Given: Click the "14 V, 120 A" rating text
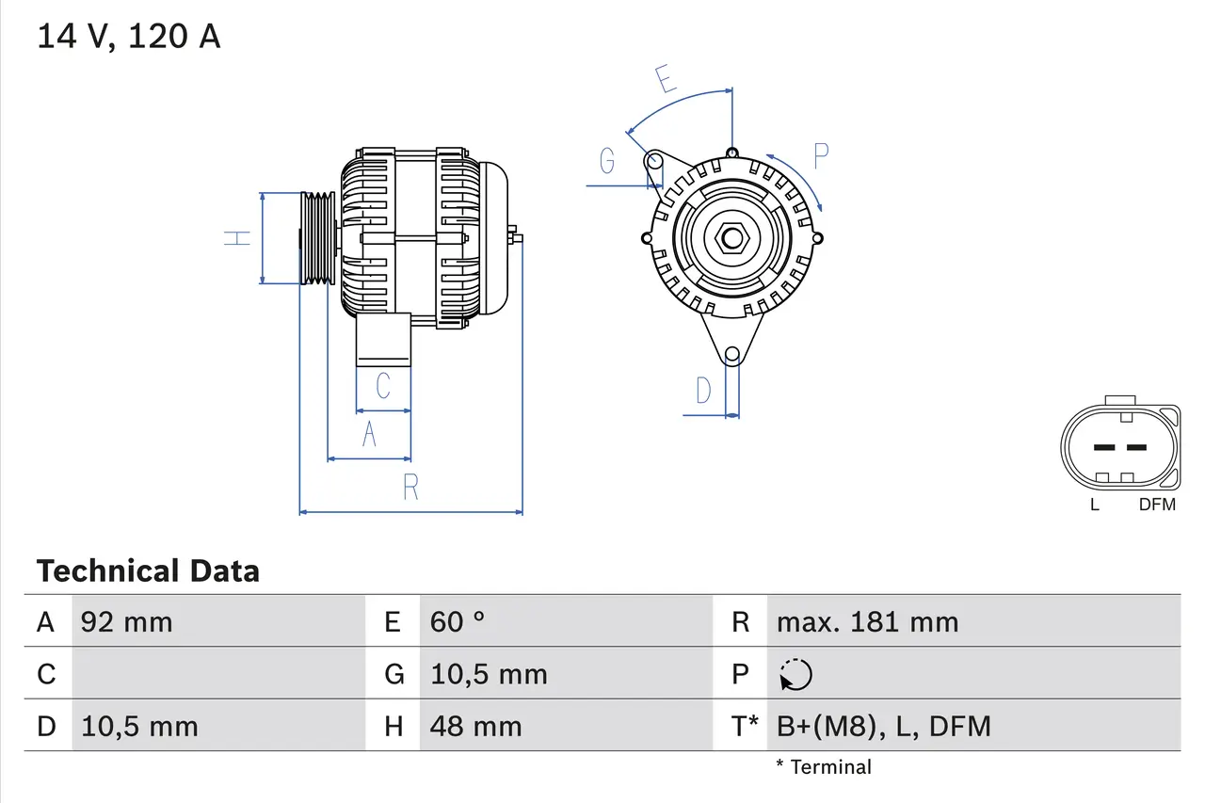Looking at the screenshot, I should [x=129, y=37].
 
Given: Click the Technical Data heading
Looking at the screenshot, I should [x=148, y=571].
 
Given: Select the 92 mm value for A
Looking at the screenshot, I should [x=127, y=622].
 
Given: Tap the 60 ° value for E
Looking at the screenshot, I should [x=458, y=622].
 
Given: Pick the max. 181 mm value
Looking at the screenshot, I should [x=867, y=622].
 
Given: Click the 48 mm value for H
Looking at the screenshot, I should [x=475, y=727].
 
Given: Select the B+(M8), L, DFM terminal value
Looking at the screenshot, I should [x=883, y=727].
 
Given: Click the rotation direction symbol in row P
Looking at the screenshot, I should [x=795, y=675].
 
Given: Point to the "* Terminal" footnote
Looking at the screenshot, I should [x=824, y=767].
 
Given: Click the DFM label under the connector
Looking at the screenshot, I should [x=1157, y=505].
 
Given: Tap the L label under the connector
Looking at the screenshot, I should [x=1094, y=505].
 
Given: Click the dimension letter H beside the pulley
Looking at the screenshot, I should [x=239, y=238].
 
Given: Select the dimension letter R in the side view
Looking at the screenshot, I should [x=410, y=488].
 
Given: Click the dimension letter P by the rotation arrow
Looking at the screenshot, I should [x=820, y=155].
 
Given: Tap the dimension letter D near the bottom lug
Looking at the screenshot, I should [x=703, y=390].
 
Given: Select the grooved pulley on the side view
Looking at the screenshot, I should [x=317, y=238].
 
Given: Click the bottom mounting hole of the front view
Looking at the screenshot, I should [x=731, y=355].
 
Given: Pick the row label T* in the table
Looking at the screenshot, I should [x=745, y=727].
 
